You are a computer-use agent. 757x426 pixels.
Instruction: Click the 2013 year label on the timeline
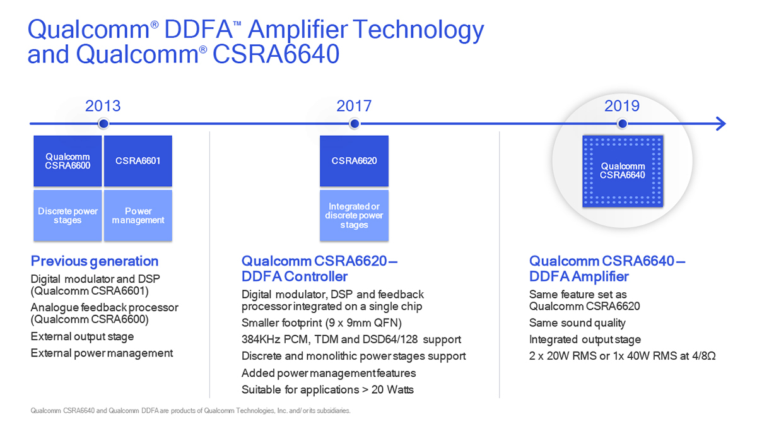(x=103, y=106)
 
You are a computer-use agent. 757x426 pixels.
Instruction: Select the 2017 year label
(x=354, y=106)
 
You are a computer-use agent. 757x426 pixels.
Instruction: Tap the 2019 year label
(x=622, y=106)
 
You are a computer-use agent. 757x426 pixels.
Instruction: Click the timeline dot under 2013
(x=103, y=124)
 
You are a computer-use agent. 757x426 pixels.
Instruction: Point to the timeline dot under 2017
(x=355, y=124)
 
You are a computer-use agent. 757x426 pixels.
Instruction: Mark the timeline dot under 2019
(x=622, y=124)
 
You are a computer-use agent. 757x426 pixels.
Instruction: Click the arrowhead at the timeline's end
(x=721, y=124)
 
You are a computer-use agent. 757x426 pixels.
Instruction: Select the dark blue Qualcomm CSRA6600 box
(x=67, y=161)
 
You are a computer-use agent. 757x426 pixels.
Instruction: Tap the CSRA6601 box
(x=138, y=161)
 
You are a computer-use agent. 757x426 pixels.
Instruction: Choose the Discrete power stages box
(x=67, y=215)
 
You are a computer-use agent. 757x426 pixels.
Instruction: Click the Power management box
(x=138, y=215)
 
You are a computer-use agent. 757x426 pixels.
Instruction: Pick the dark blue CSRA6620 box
(x=354, y=161)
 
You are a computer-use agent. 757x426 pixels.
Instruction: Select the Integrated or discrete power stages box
(x=354, y=215)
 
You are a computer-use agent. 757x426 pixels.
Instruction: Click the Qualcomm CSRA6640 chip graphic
(x=623, y=171)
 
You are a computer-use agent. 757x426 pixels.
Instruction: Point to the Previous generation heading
(x=95, y=261)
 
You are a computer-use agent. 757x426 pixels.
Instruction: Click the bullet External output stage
(x=82, y=336)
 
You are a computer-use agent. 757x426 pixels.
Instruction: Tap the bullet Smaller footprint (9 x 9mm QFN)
(x=321, y=323)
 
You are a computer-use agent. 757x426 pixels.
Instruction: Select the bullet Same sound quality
(x=577, y=323)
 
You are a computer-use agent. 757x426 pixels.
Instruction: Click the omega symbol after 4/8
(x=711, y=356)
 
